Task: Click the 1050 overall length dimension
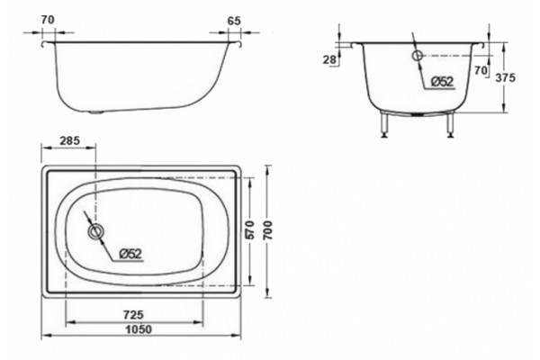[x=139, y=329]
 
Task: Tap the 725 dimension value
[x=133, y=315]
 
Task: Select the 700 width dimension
[x=268, y=230]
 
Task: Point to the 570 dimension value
[x=249, y=230]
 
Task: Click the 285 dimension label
[x=70, y=140]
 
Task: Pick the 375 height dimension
[x=505, y=78]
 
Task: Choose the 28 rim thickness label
[x=329, y=59]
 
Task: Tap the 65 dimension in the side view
[x=234, y=21]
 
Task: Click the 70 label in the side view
[x=48, y=20]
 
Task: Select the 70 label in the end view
[x=481, y=70]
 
